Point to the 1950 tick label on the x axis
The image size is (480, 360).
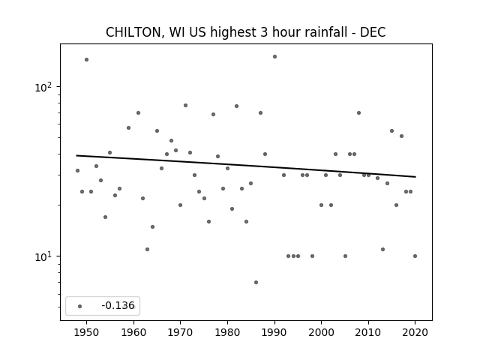87,332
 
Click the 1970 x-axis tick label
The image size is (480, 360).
181,332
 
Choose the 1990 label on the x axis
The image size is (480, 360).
274,332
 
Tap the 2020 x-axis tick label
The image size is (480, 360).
415,332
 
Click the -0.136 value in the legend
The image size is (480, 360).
118,305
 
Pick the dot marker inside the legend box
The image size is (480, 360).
80,306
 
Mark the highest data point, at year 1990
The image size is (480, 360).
275,57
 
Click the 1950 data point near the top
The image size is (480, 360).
87,60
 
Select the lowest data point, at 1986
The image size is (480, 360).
256,282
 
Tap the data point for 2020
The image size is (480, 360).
415,256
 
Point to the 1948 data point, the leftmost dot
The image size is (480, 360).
77,170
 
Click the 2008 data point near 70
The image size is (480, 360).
358,113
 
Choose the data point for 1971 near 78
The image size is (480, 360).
185,105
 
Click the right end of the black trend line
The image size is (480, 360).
415,177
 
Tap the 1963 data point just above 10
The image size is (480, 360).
147,250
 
